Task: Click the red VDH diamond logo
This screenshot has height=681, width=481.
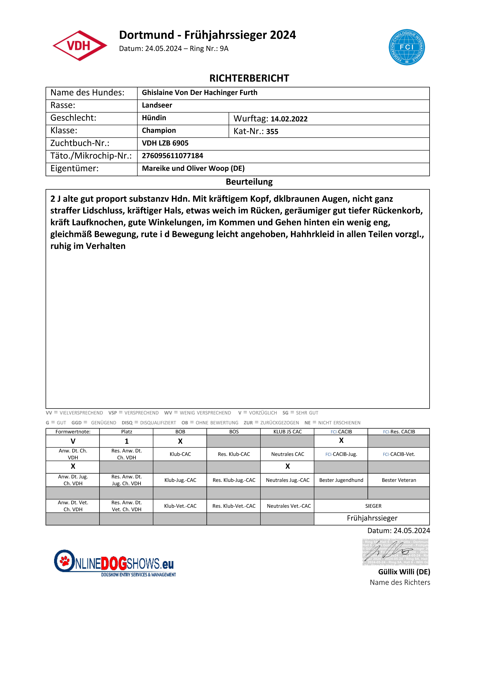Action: [80, 46]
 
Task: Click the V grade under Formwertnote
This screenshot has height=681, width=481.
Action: [73, 441]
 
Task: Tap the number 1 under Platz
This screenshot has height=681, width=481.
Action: [126, 441]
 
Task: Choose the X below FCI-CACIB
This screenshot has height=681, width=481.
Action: [341, 441]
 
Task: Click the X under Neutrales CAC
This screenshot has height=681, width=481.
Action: [287, 467]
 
